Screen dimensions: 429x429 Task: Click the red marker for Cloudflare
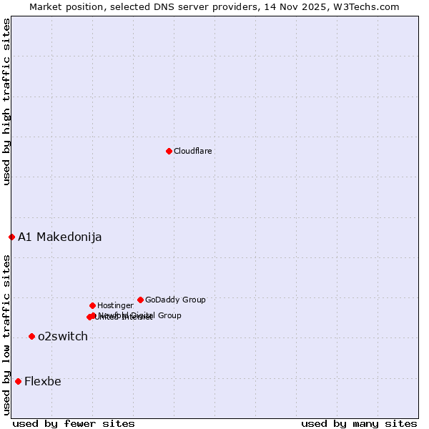[x=169, y=151]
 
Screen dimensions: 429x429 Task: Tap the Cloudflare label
[x=192, y=152]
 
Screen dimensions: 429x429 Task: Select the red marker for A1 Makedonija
[x=11, y=237]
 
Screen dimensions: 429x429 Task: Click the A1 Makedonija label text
[x=59, y=237]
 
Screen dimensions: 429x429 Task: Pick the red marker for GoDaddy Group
[x=140, y=300]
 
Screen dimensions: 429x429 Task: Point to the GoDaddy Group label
[x=175, y=300]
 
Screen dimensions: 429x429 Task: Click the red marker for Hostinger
[x=92, y=305]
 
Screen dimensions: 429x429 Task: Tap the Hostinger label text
[x=115, y=306]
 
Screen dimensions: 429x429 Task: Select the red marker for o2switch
[x=31, y=336]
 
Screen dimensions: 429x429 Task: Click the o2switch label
[x=63, y=337]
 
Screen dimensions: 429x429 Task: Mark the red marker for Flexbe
[x=18, y=381]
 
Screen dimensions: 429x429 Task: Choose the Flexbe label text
[x=43, y=382]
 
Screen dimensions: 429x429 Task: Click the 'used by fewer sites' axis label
[x=74, y=423]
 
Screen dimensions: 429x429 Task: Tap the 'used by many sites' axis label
[x=359, y=423]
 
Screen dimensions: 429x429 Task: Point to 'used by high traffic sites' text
[x=6, y=102]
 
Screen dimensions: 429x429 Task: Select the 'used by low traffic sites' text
[x=6, y=334]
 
